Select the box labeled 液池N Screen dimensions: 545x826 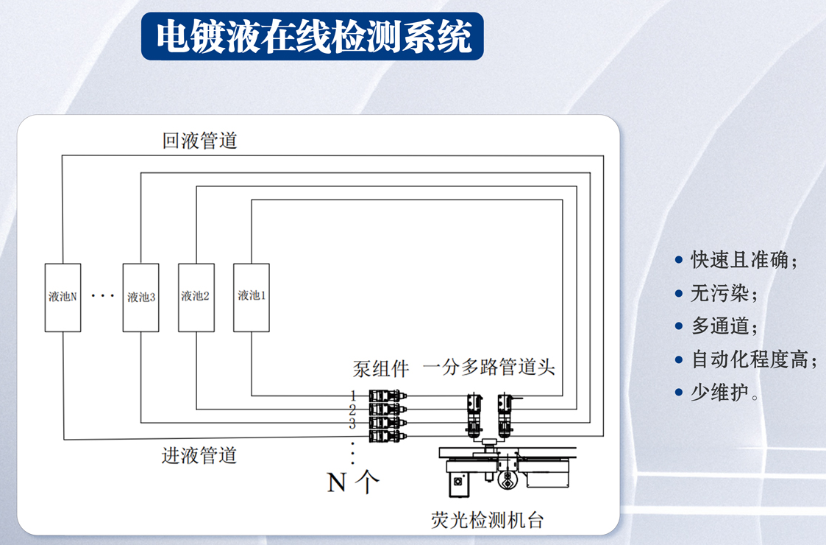63,297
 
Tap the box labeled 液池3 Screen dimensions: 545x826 141,297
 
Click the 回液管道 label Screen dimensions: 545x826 200,140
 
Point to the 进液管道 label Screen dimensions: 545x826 199,455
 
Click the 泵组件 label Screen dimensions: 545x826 380,368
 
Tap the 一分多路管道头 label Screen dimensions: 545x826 488,368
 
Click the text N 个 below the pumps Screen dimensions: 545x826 353,482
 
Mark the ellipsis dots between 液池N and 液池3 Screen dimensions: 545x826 103,296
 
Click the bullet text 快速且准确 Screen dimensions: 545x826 744,259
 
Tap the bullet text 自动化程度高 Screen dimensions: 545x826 754,360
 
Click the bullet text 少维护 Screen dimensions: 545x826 724,393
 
